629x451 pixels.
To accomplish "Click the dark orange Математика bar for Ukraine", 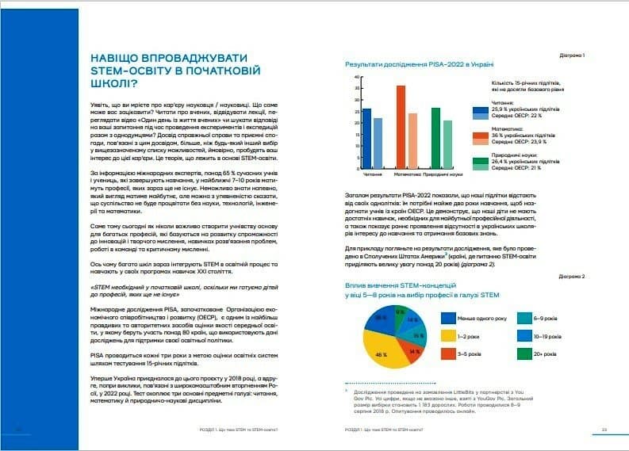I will (401, 127).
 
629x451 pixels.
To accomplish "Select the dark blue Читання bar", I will (366, 139).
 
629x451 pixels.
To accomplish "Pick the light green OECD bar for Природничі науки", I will (447, 144).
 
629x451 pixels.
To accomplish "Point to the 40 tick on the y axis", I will (357, 78).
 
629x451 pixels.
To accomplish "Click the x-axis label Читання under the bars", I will (371, 173).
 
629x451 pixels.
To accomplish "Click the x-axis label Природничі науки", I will (443, 173).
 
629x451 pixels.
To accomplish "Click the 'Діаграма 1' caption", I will (572, 56).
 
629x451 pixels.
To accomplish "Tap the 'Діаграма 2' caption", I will (572, 277).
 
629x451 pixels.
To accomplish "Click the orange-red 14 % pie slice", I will (413, 350).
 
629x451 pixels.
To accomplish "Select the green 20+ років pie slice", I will (401, 314).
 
